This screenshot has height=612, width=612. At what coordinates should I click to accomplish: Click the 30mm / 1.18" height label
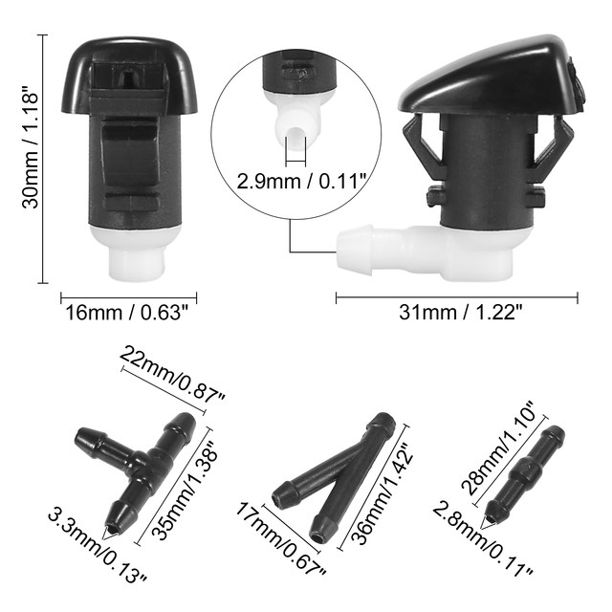pos(32,150)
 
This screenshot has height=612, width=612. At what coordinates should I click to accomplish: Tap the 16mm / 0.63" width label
pos(127,313)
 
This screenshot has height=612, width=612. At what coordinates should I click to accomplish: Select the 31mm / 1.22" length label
pos(461,313)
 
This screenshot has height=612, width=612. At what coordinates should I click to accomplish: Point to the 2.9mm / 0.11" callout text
pos(301,181)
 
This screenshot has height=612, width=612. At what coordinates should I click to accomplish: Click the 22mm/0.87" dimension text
pos(173,375)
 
